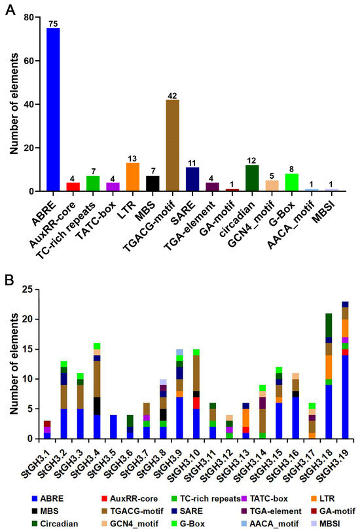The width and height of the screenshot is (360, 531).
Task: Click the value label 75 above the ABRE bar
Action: click(x=53, y=24)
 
